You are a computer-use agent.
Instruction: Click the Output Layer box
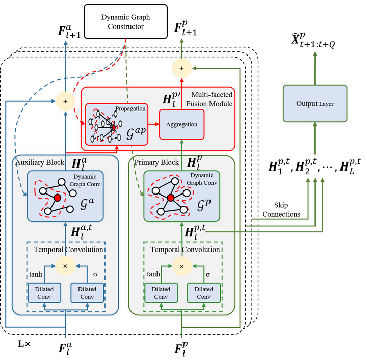[315, 103]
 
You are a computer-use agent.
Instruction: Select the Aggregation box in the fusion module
[182, 124]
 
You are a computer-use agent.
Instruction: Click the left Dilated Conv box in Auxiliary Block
[44, 293]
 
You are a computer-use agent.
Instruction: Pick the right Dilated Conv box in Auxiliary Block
[87, 293]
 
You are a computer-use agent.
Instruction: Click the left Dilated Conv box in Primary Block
[161, 293]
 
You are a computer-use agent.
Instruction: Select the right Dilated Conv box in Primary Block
[204, 293]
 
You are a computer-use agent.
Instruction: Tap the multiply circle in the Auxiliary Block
[65, 266]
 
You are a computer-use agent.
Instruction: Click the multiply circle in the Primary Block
[182, 266]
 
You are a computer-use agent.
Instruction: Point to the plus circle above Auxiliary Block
[65, 102]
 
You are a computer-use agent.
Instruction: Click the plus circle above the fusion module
[182, 68]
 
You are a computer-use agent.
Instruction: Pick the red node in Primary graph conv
[171, 198]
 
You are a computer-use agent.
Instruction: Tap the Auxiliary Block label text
[40, 162]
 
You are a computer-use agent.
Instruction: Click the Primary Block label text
[156, 162]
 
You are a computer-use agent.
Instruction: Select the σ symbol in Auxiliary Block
[95, 274]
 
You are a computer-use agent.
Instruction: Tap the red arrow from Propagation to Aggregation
[152, 124]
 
